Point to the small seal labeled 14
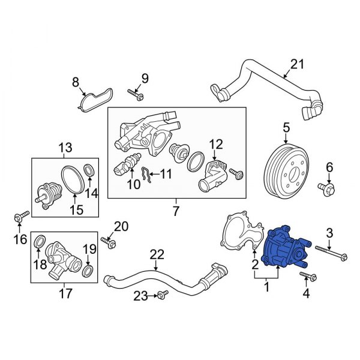click(88, 170)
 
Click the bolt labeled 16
click(20, 217)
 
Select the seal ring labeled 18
click(40, 242)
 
